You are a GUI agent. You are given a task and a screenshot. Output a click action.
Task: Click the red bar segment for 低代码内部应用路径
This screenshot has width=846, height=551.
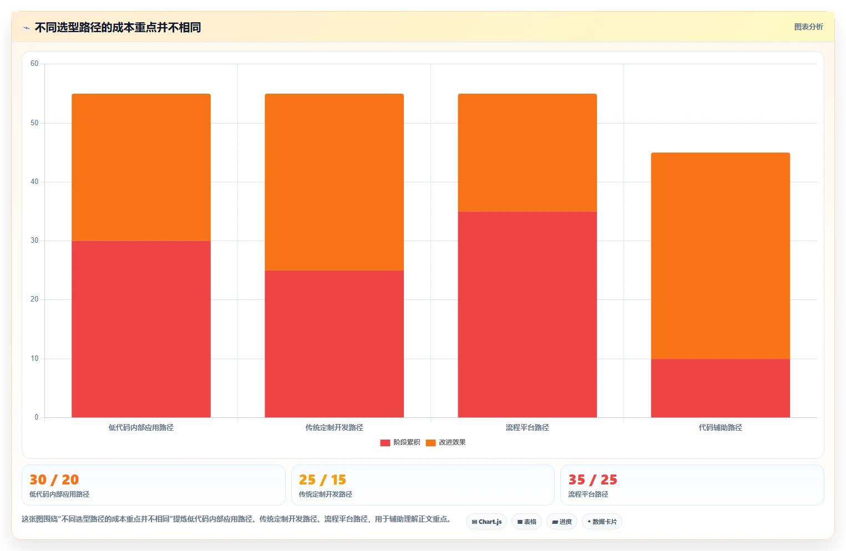(x=141, y=329)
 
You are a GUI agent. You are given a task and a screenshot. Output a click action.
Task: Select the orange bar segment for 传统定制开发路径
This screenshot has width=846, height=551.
(x=335, y=182)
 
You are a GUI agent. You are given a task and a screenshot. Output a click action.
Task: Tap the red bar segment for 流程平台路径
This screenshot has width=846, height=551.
(x=527, y=314)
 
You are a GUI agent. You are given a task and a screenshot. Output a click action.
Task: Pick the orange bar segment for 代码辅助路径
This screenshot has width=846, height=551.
(x=720, y=256)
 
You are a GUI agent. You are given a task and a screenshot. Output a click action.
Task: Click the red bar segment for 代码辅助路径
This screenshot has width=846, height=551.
(x=720, y=388)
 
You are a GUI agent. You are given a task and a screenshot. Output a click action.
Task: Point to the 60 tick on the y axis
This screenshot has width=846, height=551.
(x=34, y=63)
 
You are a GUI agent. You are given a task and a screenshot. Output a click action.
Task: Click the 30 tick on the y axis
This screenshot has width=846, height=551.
(x=34, y=241)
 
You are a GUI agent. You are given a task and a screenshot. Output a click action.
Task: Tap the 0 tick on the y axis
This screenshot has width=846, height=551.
(x=37, y=417)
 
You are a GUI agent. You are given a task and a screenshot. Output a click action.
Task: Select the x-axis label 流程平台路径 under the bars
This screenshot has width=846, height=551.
(x=527, y=427)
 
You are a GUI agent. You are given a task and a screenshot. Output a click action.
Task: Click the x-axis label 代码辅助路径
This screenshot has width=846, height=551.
(x=720, y=427)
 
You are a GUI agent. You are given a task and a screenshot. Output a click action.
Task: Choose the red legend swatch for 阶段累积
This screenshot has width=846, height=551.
(x=385, y=443)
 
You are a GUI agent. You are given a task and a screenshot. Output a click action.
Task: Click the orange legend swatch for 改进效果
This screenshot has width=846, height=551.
(x=430, y=443)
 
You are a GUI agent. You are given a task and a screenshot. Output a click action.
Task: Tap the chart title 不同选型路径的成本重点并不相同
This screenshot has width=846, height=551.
(x=118, y=28)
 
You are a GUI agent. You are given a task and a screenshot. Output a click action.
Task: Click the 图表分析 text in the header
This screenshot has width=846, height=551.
(x=808, y=27)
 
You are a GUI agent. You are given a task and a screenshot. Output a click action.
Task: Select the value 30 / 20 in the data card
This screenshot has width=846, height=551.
(x=54, y=479)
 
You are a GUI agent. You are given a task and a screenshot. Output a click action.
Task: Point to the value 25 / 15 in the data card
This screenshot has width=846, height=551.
(x=322, y=479)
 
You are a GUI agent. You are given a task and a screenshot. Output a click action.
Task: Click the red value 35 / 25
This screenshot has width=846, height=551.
(x=592, y=479)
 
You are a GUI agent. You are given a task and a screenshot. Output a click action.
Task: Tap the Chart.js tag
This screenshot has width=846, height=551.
(x=487, y=522)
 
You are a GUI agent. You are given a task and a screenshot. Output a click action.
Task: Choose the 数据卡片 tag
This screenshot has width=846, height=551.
(x=602, y=522)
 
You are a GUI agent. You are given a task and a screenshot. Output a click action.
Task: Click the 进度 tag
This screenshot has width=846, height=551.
(x=561, y=522)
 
